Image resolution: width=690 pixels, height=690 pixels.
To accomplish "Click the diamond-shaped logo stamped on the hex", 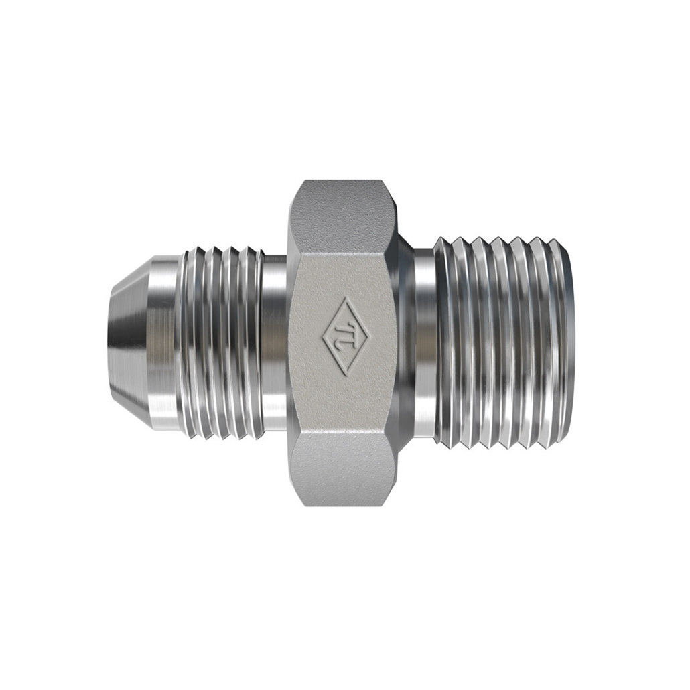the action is coord(346,337).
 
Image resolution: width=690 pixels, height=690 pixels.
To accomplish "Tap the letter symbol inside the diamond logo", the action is coord(346,337).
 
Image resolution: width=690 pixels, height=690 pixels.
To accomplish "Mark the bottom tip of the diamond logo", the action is coord(346,376).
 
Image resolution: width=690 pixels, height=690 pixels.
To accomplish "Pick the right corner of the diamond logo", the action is coord(371,336).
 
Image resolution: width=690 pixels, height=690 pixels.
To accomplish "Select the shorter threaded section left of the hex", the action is coord(222,343).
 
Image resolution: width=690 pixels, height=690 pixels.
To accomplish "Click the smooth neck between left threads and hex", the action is coord(275,343).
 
